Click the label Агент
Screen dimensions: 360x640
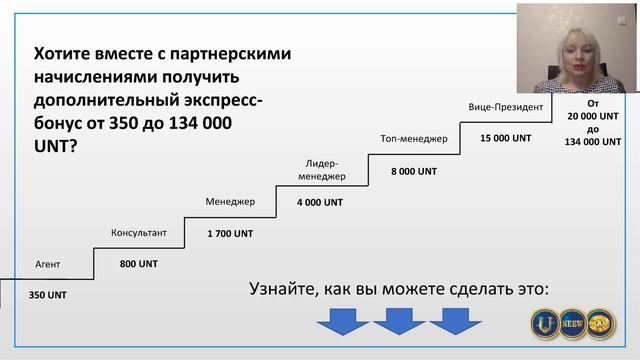point(49,265)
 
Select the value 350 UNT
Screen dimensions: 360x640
point(49,295)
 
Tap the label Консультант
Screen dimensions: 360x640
point(138,233)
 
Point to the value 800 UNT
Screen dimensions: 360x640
point(139,264)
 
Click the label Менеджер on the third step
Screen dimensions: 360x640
point(230,201)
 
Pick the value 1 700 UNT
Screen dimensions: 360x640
point(230,233)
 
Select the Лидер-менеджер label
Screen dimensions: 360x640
point(325,170)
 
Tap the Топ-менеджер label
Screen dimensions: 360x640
point(414,137)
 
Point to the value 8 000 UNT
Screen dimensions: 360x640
point(414,171)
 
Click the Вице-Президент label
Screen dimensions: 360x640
point(505,106)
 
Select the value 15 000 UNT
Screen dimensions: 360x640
point(505,138)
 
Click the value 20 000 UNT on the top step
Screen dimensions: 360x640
point(593,116)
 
